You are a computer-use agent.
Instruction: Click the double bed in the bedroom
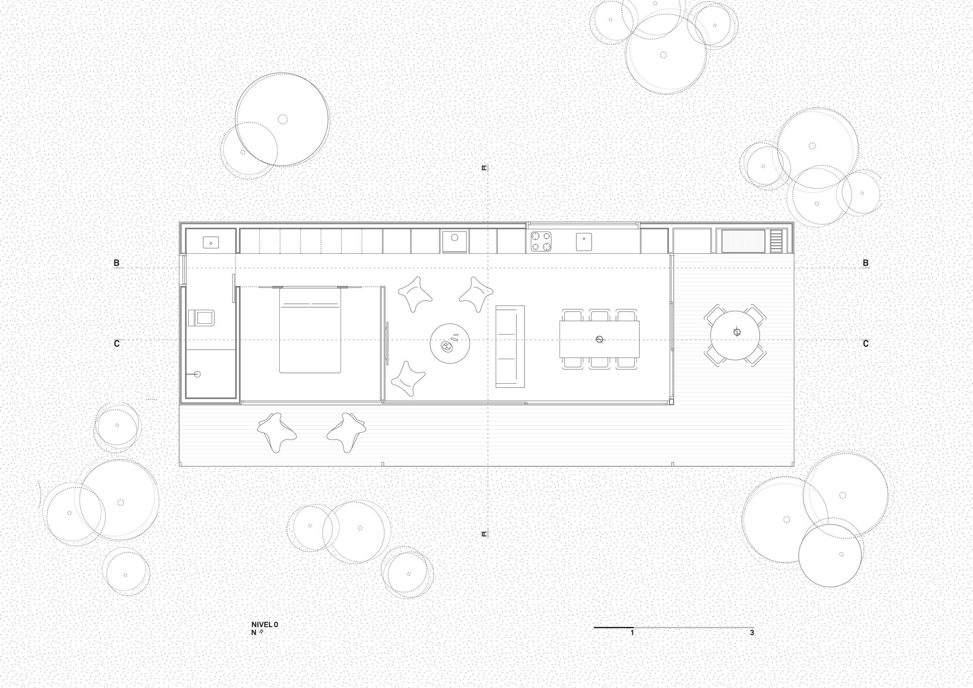click(x=309, y=331)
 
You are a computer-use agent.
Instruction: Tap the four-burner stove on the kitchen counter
click(x=541, y=241)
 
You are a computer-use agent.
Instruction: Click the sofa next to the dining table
click(x=510, y=346)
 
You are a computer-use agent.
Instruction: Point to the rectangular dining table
click(x=599, y=339)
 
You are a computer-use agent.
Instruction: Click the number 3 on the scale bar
click(x=752, y=633)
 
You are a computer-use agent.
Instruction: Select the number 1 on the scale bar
click(x=632, y=633)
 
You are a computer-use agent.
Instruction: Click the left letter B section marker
click(x=116, y=263)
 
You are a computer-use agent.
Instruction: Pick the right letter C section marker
click(x=865, y=344)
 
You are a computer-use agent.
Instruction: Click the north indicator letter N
click(x=254, y=633)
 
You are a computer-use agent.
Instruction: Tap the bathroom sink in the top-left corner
click(x=211, y=241)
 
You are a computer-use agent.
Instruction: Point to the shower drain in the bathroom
click(x=197, y=374)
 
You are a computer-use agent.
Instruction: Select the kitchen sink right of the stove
click(x=583, y=241)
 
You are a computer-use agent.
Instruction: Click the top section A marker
click(x=484, y=168)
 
